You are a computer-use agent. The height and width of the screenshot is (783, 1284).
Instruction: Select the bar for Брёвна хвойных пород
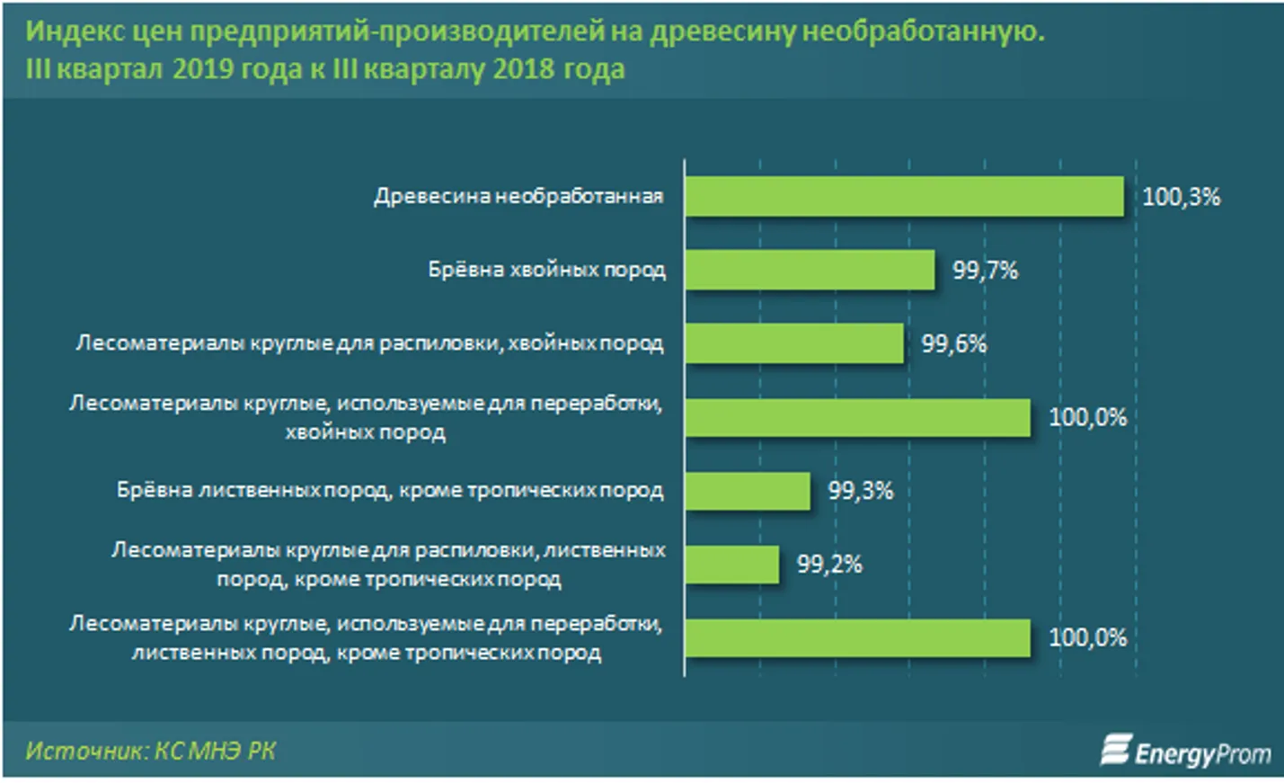810,270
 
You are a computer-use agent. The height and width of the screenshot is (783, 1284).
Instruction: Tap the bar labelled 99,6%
794,343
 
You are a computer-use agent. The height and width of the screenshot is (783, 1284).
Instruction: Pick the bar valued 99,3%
748,491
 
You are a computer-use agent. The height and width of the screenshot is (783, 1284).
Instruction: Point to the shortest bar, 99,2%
732,565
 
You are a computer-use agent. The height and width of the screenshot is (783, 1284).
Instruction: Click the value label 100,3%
1181,197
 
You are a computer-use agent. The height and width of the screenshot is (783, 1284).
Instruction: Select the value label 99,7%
985,270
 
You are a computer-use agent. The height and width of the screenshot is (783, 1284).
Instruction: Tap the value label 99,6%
953,343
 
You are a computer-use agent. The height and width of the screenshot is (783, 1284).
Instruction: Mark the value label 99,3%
860,491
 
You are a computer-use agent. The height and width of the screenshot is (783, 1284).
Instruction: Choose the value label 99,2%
828,565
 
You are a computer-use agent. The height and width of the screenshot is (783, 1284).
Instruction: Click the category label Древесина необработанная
518,197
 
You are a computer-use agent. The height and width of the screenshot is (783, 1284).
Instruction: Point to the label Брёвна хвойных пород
546,270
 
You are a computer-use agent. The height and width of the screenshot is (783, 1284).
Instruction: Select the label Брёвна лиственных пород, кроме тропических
390,491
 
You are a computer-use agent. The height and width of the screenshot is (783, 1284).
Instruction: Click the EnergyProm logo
1186,752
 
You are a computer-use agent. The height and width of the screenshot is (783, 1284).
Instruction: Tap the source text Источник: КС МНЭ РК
150,751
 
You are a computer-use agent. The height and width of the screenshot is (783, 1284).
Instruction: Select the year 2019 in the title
202,69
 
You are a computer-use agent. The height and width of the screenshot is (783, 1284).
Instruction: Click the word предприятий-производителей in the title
397,31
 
